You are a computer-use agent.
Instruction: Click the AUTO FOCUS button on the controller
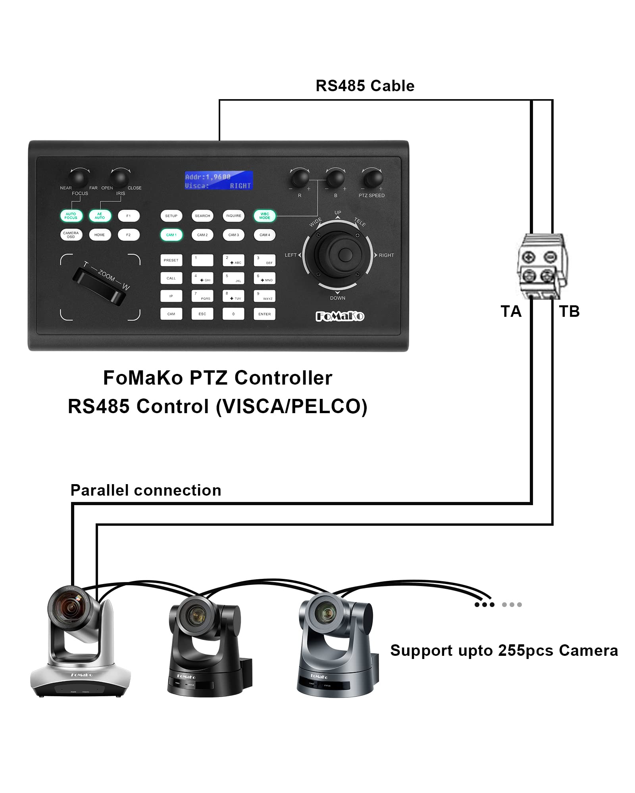coord(71,216)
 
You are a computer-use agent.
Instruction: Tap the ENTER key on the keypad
coord(264,314)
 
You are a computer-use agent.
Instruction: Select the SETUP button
coord(171,216)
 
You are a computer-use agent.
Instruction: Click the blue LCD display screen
coord(219,180)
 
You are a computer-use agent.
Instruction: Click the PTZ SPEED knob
coord(372,178)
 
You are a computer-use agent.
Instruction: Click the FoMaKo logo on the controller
coord(340,316)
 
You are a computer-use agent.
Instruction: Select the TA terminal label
coord(511,312)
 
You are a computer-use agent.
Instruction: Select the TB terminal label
coord(570,312)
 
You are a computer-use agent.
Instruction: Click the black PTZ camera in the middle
coord(208,646)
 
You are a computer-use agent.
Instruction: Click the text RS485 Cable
coord(365,86)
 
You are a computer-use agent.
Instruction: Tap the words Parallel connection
coord(146,490)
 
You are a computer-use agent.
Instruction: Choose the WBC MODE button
coord(265,216)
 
